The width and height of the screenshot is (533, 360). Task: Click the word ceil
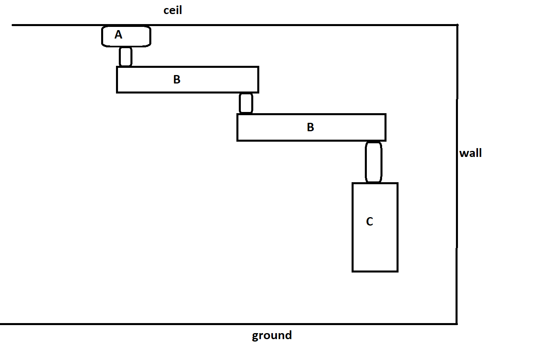[173, 10]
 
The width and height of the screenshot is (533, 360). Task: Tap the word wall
[470, 153]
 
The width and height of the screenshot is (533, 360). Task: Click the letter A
[118, 35]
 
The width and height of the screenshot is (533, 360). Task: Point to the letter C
[370, 222]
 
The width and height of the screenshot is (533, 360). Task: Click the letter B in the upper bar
[177, 79]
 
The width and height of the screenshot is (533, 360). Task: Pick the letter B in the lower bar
[311, 127]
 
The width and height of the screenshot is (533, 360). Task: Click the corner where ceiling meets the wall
[457, 25]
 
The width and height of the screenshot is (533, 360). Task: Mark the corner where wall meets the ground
[457, 324]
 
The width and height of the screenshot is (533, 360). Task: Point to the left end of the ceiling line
[12, 25]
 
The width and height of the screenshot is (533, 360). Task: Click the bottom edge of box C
[375, 271]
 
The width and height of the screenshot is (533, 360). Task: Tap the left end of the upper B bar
[117, 80]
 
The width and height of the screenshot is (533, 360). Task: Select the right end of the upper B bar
[258, 80]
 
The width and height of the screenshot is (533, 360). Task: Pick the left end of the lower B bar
[238, 128]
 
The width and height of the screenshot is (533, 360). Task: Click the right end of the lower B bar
[385, 128]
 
